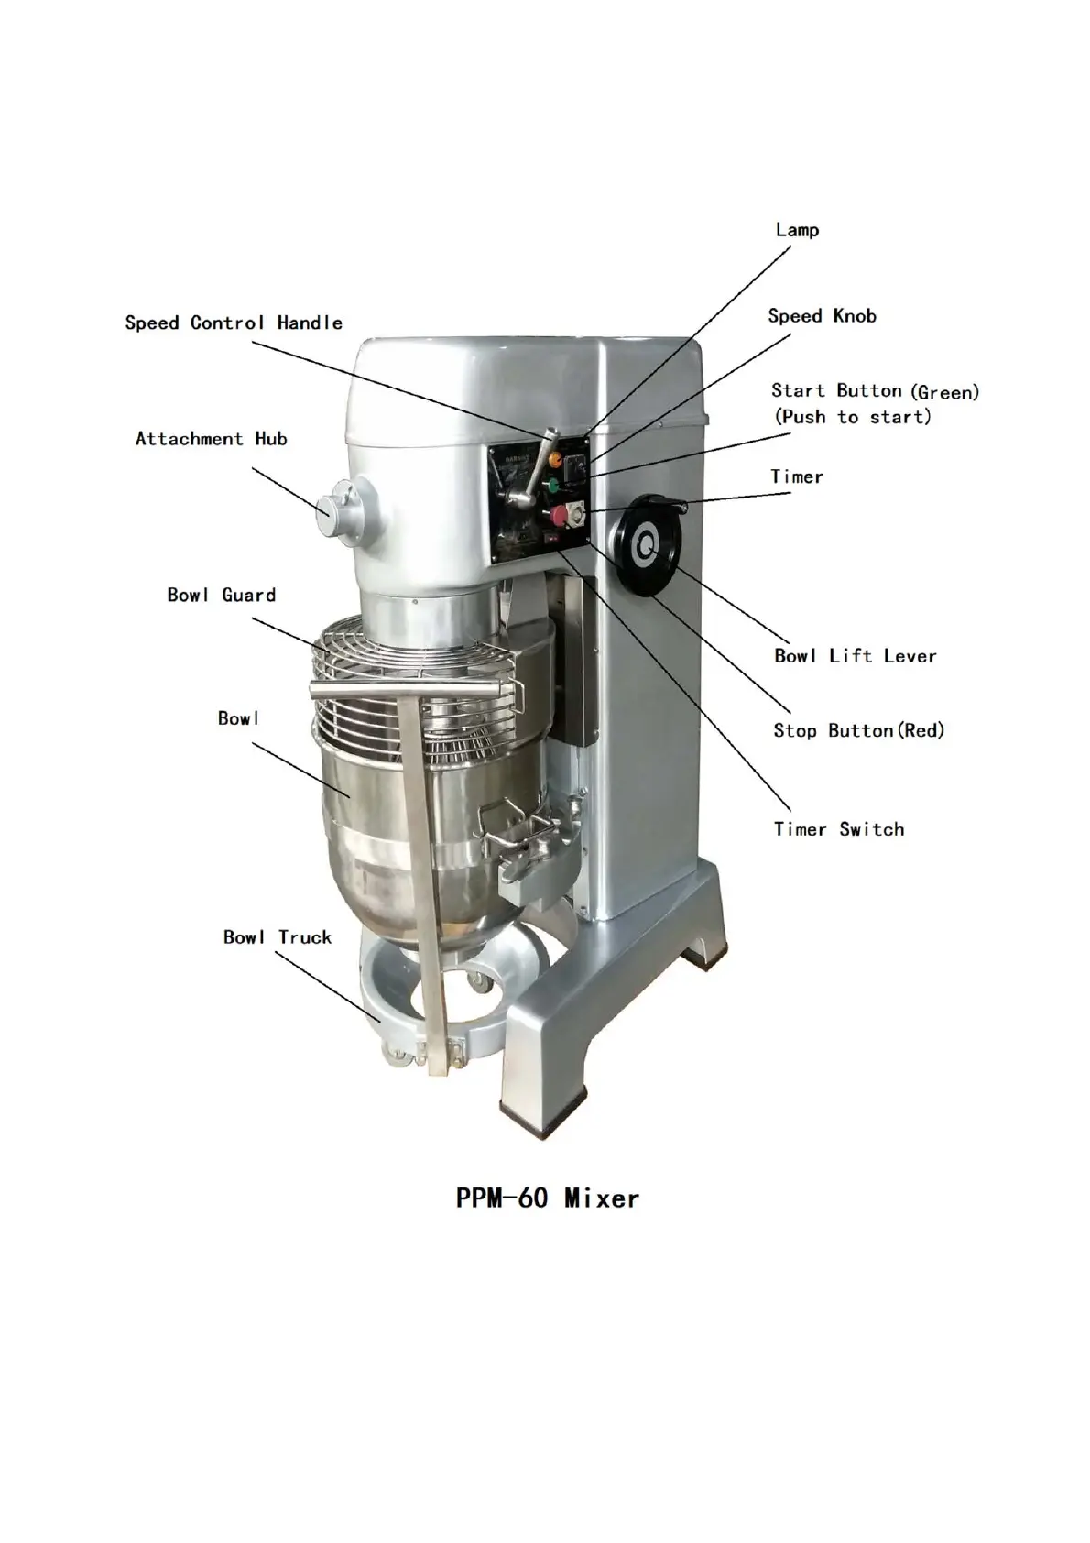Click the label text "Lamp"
[796, 230]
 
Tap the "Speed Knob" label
[822, 316]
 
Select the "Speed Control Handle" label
[234, 323]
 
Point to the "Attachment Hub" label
[211, 439]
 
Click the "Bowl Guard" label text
[221, 595]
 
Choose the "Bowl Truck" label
[277, 937]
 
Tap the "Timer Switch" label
[838, 829]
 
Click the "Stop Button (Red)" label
[858, 730]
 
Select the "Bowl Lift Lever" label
[855, 656]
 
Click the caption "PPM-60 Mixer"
[547, 1198]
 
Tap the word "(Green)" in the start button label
[944, 392]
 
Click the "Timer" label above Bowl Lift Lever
[796, 476]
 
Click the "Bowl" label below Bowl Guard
[238, 718]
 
